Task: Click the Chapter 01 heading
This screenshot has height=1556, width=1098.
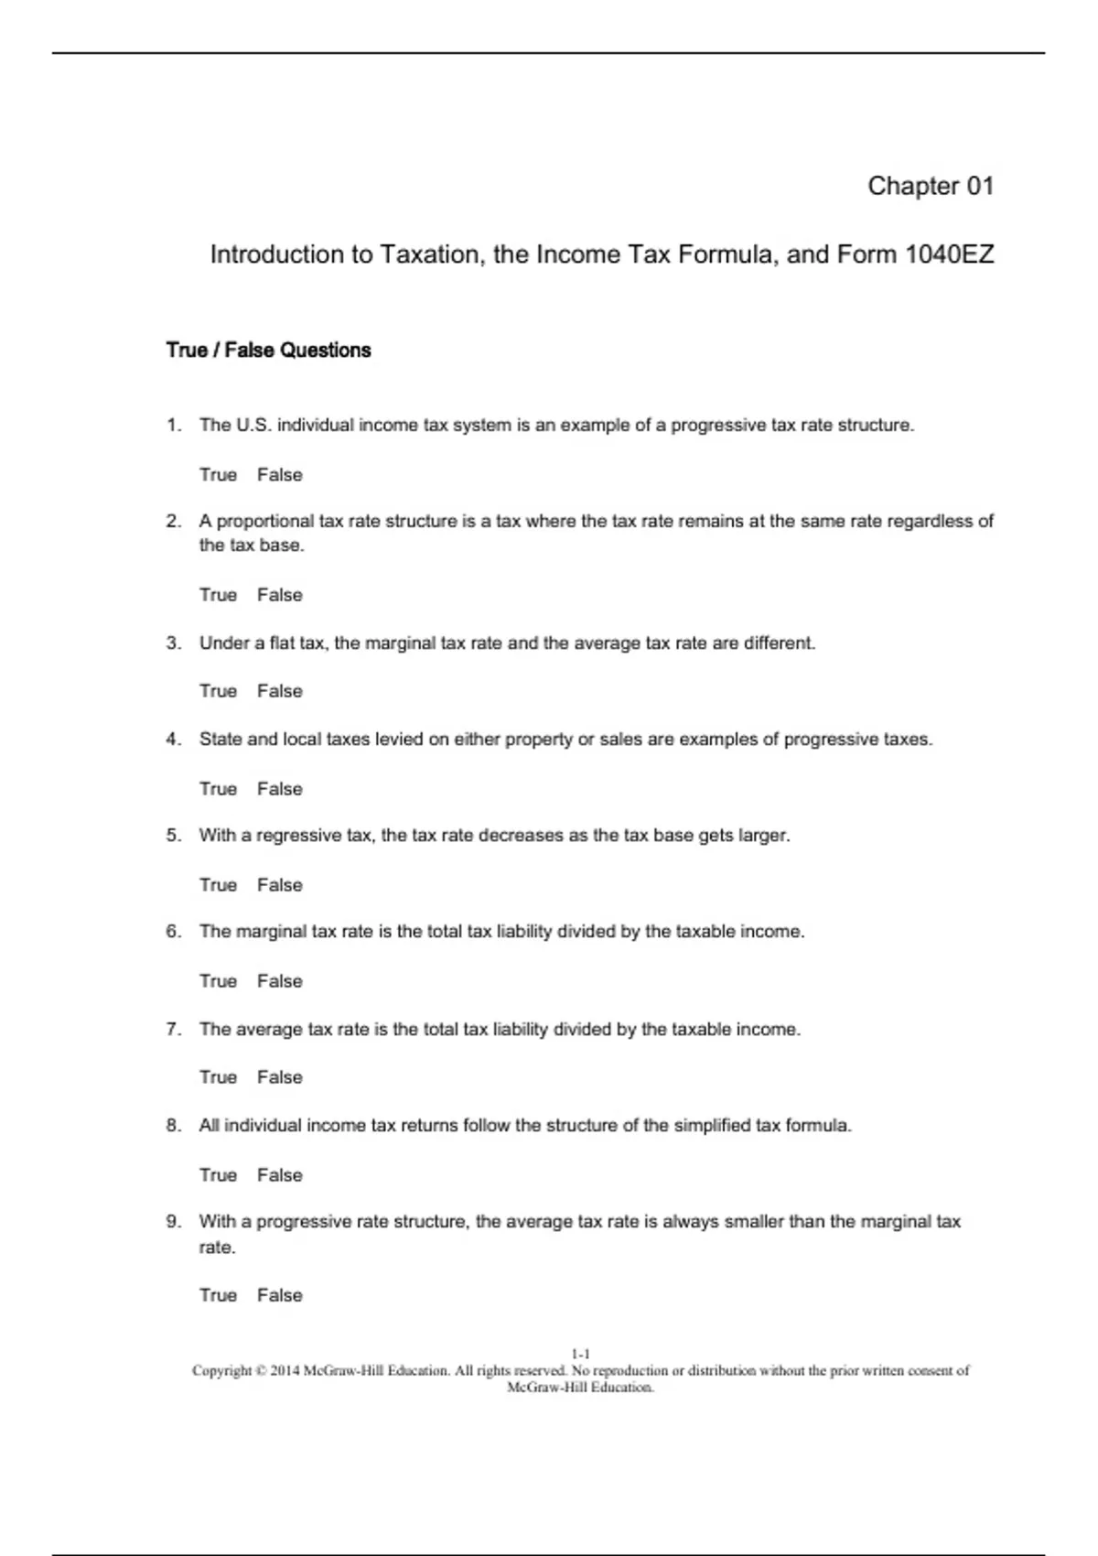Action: [x=930, y=186]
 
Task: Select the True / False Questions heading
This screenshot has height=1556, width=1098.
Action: [x=268, y=350]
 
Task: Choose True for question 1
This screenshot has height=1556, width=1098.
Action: [x=218, y=475]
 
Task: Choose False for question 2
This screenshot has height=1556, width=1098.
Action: [x=279, y=595]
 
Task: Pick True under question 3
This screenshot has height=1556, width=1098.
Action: [x=218, y=691]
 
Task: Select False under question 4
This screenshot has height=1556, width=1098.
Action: [x=279, y=789]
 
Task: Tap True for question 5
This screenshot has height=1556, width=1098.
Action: [x=218, y=885]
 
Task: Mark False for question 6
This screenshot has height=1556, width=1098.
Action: [x=279, y=981]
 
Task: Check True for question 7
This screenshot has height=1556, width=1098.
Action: [x=218, y=1077]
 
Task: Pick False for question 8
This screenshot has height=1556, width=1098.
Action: [x=279, y=1175]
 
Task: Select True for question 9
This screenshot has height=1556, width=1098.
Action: [x=218, y=1295]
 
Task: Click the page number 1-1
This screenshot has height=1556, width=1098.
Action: [x=580, y=1354]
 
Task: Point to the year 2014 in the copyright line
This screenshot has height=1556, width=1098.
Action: [x=285, y=1371]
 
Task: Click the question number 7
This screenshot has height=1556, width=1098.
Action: [x=173, y=1030]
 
